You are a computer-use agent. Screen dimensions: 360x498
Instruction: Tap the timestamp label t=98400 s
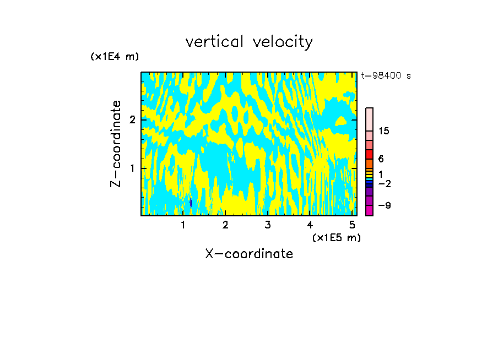click(x=386, y=76)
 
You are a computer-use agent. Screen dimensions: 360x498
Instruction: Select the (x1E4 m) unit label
click(x=115, y=57)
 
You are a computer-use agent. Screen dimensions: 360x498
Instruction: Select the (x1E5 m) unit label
click(x=336, y=237)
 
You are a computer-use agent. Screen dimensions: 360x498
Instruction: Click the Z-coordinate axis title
click(x=116, y=144)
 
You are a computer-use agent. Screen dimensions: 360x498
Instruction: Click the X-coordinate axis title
click(x=249, y=254)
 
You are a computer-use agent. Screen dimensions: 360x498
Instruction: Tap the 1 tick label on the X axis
click(x=183, y=225)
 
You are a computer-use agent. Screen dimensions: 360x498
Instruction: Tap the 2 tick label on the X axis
click(x=225, y=225)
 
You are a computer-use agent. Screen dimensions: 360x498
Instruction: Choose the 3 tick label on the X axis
click(x=267, y=225)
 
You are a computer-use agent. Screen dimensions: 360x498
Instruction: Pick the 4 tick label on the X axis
click(x=310, y=225)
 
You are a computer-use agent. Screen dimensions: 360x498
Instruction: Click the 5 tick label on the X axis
click(x=351, y=225)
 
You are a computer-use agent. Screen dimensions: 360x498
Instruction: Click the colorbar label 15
click(x=384, y=131)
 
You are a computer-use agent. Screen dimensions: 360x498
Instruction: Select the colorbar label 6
click(x=381, y=159)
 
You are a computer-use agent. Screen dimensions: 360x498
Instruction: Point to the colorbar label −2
click(x=384, y=184)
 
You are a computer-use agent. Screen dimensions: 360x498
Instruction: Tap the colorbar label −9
click(x=384, y=205)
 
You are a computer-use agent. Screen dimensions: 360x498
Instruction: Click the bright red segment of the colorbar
click(x=369, y=154)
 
